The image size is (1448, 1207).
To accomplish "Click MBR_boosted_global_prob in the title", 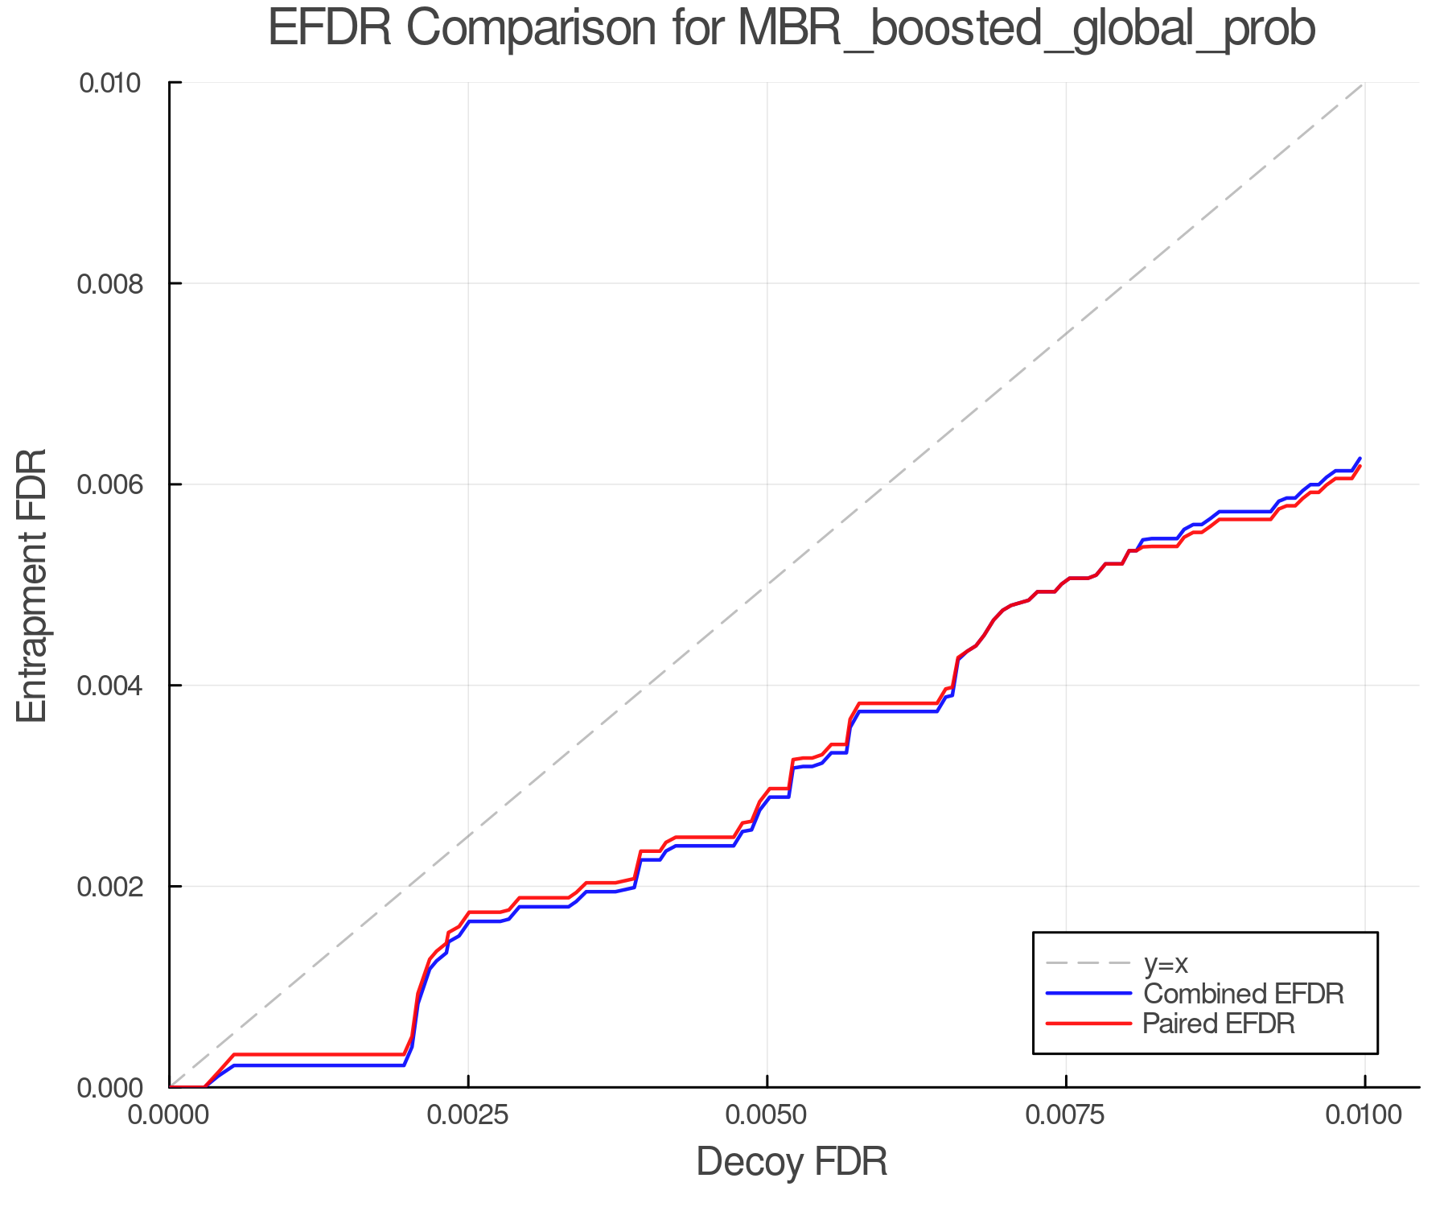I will click(1026, 30).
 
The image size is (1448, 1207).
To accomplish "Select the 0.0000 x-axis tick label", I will click(169, 1115).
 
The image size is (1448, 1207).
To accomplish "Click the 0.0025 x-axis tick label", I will click(468, 1115).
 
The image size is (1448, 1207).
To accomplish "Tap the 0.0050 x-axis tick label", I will click(767, 1115).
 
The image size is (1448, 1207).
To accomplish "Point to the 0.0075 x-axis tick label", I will click(1066, 1115).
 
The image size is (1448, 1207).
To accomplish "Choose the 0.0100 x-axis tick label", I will click(1364, 1115).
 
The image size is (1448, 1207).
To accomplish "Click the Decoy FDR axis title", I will click(792, 1162).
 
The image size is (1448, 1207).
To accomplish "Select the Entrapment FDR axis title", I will click(32, 585).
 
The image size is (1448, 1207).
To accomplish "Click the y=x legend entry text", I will click(1166, 963).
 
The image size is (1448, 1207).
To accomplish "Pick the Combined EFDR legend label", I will click(1243, 994).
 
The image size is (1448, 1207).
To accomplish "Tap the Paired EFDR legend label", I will click(1219, 1024).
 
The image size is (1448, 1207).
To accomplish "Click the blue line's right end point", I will click(1360, 458).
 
